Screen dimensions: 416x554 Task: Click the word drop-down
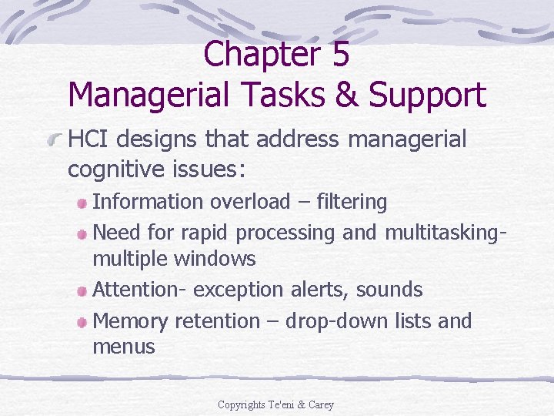tap(332, 321)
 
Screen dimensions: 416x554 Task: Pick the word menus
tap(123, 347)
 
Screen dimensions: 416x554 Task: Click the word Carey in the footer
tap(320, 404)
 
